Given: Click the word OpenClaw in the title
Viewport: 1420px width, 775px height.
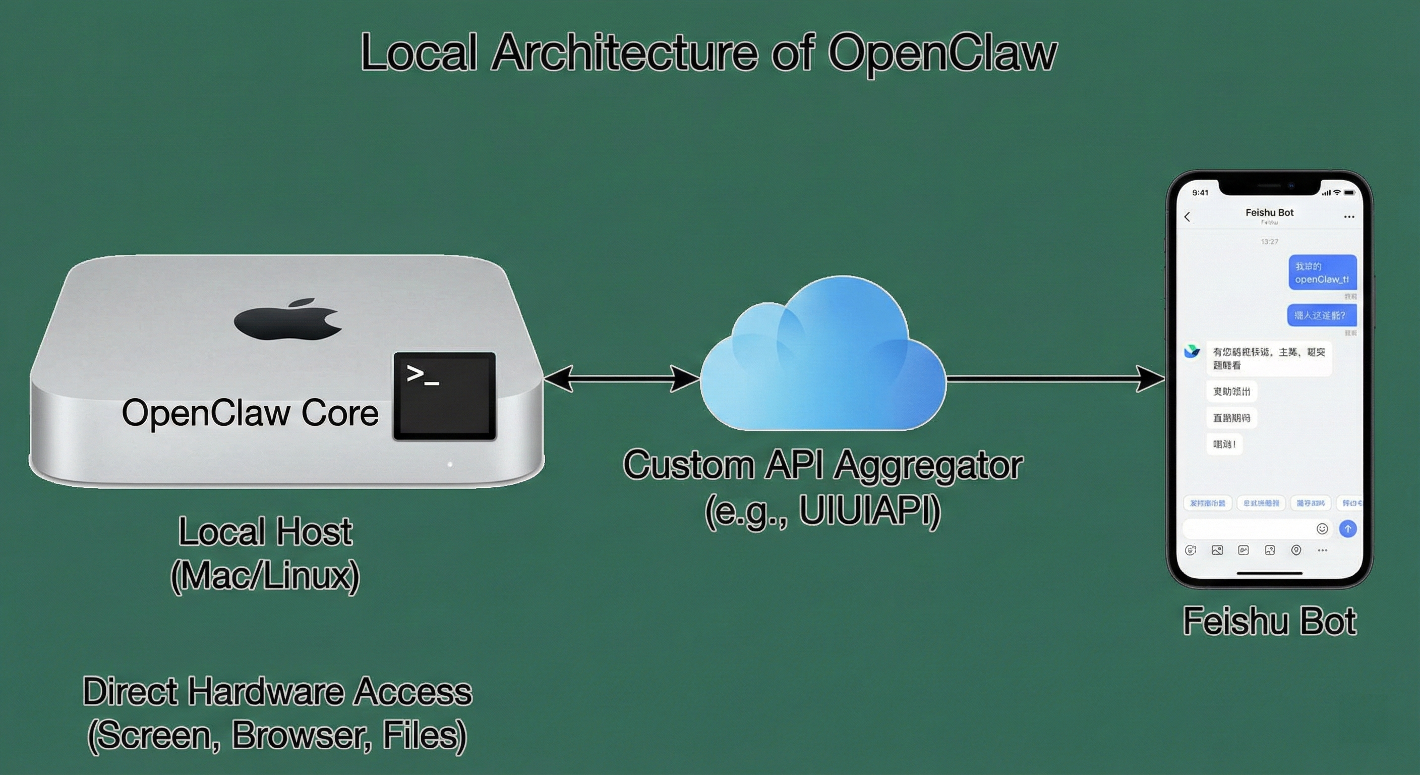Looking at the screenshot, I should point(942,53).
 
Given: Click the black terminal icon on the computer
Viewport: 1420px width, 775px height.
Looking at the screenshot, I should point(444,396).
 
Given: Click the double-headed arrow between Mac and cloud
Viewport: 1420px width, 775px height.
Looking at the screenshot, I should point(621,378).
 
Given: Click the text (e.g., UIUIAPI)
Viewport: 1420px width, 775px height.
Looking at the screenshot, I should point(822,510).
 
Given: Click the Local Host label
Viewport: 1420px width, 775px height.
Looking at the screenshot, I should point(265,532).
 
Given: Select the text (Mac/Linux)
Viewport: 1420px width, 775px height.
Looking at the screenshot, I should point(265,576).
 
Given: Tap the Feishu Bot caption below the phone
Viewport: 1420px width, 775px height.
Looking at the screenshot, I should point(1269,622).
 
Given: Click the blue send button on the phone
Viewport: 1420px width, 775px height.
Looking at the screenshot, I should point(1347,528).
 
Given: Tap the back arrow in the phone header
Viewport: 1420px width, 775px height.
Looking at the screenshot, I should point(1188,217).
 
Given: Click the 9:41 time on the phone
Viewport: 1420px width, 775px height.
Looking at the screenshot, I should point(1200,193).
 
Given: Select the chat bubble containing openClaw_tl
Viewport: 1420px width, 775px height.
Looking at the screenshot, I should point(1322,272).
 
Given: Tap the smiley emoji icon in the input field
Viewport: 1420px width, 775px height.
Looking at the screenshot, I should point(1322,528).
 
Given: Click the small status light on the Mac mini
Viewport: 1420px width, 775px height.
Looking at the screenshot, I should point(450,465).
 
